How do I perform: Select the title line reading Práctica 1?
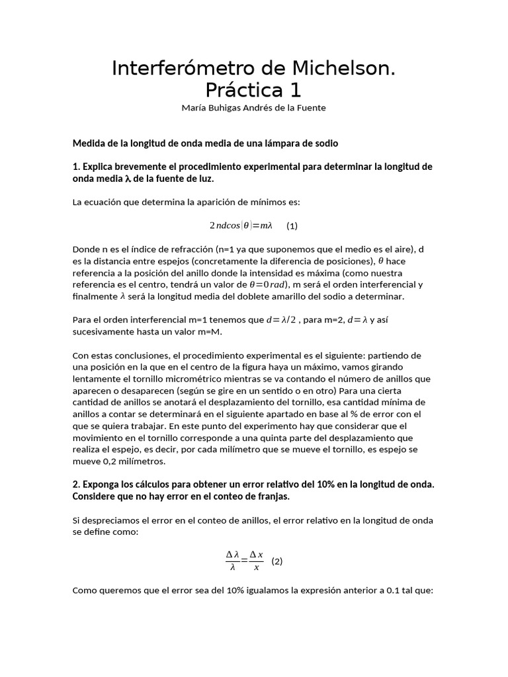[x=253, y=89]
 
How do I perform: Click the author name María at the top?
[x=194, y=108]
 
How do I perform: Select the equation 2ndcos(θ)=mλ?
[x=241, y=225]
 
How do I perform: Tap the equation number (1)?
[x=292, y=226]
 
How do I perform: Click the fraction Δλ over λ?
[x=232, y=561]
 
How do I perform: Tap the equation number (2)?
[x=277, y=562]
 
